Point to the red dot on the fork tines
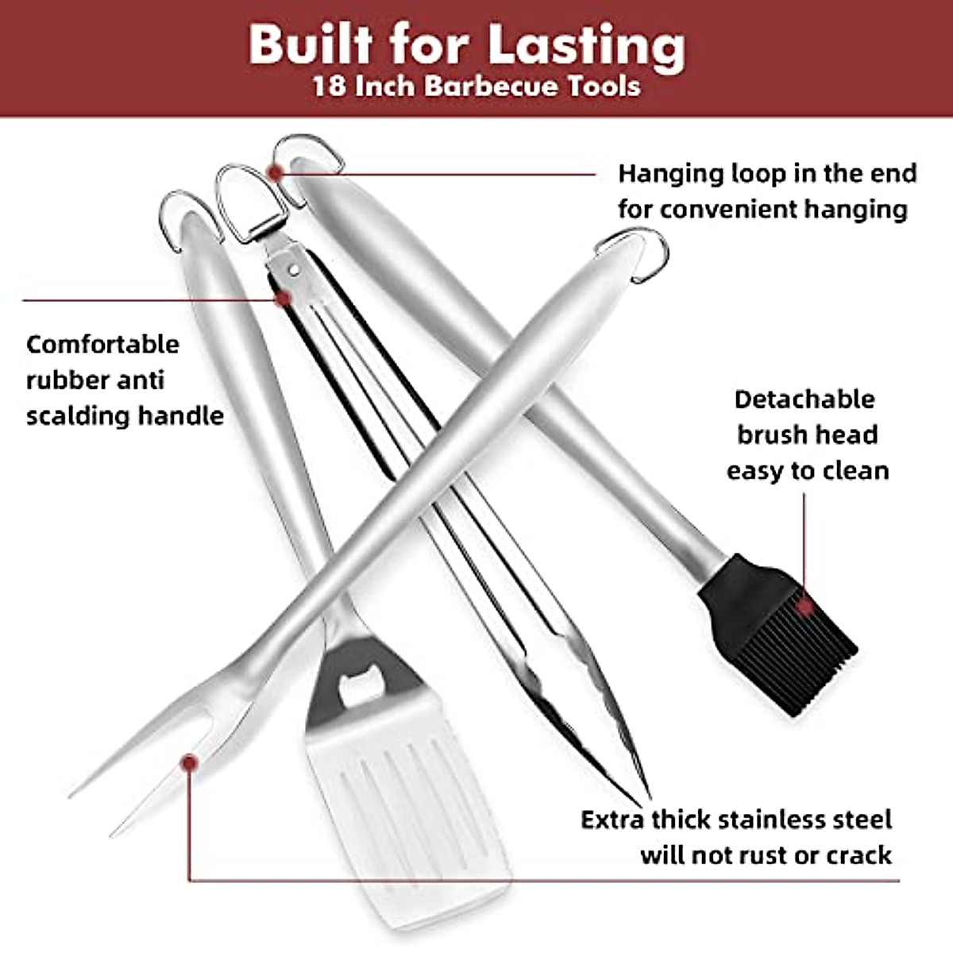[189, 763]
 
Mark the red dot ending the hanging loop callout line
[275, 172]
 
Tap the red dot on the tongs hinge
[282, 298]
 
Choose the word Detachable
[804, 399]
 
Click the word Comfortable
[102, 345]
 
